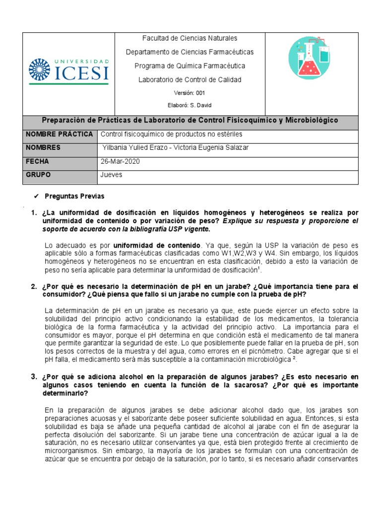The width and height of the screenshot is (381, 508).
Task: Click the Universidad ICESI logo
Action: [68, 70]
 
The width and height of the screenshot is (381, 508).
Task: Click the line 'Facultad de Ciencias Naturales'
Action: [190, 38]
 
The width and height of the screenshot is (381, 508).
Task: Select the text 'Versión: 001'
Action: [190, 93]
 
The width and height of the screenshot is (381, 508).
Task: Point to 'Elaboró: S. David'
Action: [190, 105]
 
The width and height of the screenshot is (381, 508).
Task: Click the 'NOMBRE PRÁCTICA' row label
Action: [60, 134]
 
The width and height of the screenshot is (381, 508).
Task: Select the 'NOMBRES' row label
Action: [43, 148]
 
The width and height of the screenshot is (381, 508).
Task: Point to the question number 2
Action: [34, 287]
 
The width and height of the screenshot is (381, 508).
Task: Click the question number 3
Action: [34, 377]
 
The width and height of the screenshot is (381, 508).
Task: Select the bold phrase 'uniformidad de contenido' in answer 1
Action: [157, 245]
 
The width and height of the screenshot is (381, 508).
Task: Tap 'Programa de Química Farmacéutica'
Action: [190, 66]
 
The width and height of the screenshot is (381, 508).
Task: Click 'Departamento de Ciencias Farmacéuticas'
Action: [190, 52]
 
